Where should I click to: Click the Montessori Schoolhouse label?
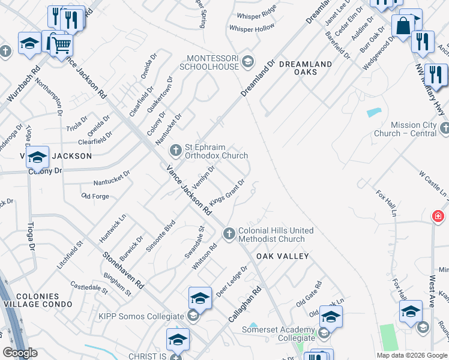coord(213,62)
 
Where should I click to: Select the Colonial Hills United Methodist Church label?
coord(276,235)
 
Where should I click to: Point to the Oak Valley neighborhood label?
coord(282,256)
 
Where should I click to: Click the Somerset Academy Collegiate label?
coord(279,334)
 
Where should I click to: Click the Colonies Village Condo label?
coord(38,300)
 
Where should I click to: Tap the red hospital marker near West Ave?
coord(438,216)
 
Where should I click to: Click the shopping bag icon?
coord(403,26)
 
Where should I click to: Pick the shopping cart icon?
coord(61,44)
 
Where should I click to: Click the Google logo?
coord(20,353)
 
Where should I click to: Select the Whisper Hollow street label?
coord(252,28)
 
